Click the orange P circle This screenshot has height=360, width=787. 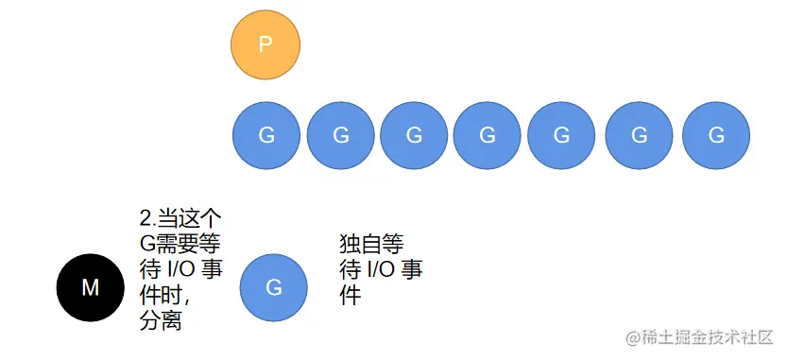[x=265, y=45]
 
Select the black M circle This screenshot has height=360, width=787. [x=90, y=288]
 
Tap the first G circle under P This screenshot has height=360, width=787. [x=266, y=135]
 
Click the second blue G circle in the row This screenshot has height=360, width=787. [x=340, y=135]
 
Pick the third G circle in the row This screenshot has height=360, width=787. [x=414, y=135]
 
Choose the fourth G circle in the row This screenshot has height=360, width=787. [x=488, y=135]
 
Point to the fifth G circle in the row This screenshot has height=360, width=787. [x=561, y=135]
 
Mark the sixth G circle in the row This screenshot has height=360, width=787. [x=639, y=135]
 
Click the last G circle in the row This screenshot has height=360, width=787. [x=715, y=135]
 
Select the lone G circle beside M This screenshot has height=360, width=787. [x=274, y=287]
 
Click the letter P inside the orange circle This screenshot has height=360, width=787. [x=265, y=45]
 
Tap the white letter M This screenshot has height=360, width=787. [x=90, y=288]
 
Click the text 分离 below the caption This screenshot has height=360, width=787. [x=161, y=321]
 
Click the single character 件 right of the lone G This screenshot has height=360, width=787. [x=351, y=296]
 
